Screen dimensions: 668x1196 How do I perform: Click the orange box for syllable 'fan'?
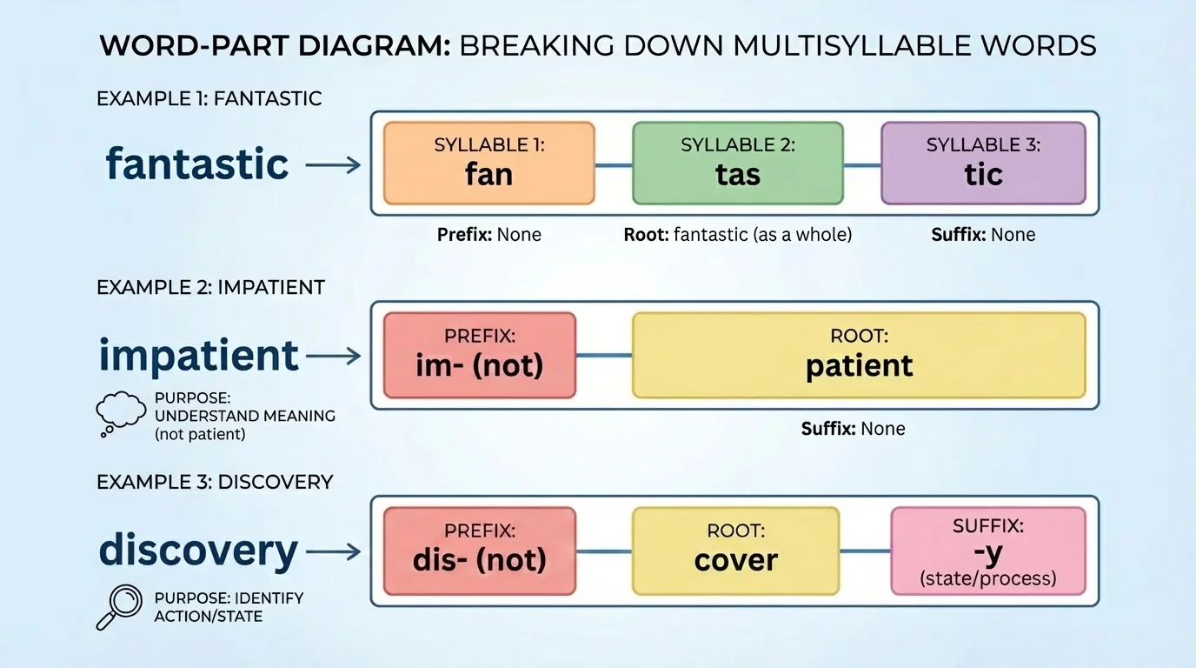488,164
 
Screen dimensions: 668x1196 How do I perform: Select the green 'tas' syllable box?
737,164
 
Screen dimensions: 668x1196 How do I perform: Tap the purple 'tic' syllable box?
983,164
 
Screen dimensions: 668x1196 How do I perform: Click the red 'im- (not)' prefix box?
479,355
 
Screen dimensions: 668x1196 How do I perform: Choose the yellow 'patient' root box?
859,355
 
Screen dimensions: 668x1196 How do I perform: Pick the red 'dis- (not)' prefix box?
479,551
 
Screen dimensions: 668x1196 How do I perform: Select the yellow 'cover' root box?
735,551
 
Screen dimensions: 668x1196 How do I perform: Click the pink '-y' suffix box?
988,551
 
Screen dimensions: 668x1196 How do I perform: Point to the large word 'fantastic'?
197,164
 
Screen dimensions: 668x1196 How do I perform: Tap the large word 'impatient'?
199,356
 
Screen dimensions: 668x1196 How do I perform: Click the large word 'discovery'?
199,550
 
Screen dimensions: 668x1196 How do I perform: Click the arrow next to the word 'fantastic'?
333,164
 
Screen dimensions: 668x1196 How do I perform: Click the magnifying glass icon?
119,606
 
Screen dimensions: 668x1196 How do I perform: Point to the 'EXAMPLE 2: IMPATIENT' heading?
211,288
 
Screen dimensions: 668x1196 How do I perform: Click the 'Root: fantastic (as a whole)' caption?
737,235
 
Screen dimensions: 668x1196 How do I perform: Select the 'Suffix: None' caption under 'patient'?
853,429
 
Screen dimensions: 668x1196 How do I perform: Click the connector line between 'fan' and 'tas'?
613,164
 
